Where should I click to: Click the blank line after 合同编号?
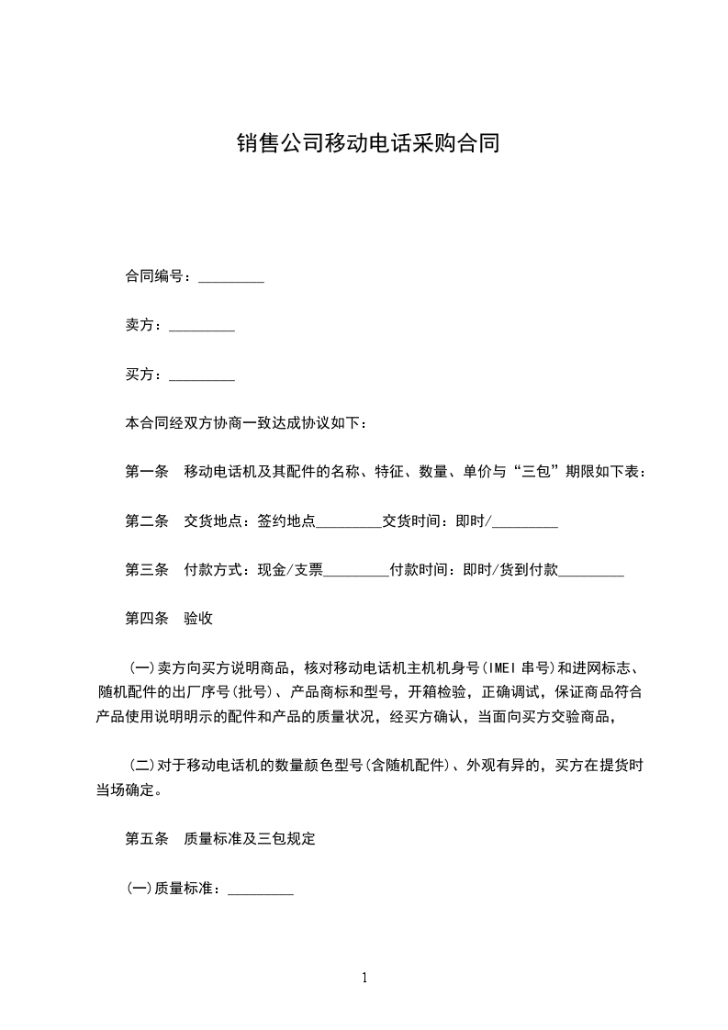(x=231, y=277)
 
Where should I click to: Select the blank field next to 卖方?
(x=202, y=326)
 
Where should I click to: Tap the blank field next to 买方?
(x=202, y=375)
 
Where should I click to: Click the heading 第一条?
(x=146, y=473)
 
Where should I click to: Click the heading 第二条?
(x=146, y=521)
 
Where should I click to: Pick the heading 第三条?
(x=146, y=570)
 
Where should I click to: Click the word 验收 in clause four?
(x=198, y=619)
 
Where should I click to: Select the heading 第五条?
(x=146, y=839)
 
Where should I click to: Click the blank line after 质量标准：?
(x=261, y=890)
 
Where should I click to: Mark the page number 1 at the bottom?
(x=364, y=978)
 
